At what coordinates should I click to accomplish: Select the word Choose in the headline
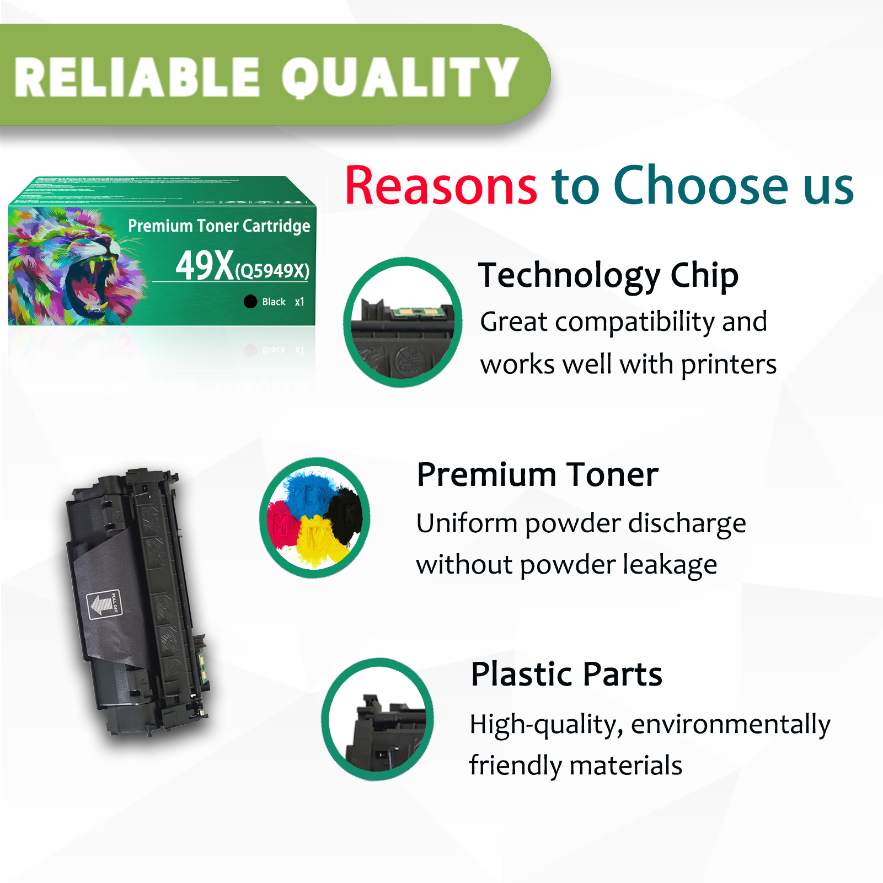(701, 186)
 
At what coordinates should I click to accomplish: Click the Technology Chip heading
(608, 275)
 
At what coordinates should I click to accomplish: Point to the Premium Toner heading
(538, 475)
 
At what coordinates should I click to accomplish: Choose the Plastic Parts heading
(566, 674)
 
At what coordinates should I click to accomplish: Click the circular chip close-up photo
(403, 322)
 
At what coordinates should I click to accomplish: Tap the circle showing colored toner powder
(315, 517)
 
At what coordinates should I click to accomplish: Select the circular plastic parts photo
(378, 719)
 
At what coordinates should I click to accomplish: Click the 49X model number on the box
(205, 266)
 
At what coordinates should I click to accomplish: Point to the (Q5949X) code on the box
(272, 271)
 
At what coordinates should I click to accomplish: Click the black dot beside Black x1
(250, 301)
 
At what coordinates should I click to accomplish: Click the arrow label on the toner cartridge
(103, 604)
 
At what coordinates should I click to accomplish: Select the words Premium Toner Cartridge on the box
(219, 226)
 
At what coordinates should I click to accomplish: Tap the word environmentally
(730, 725)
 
